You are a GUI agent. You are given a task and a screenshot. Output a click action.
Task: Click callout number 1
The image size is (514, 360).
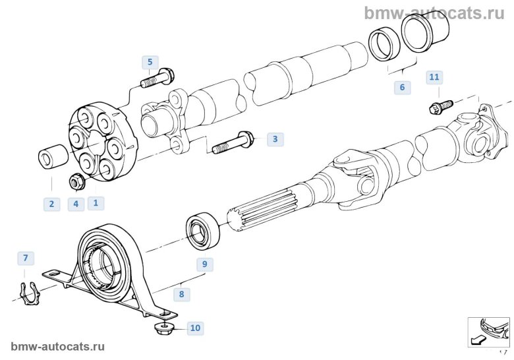(x=95, y=203)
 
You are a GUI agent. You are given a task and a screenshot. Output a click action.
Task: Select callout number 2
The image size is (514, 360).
(x=51, y=204)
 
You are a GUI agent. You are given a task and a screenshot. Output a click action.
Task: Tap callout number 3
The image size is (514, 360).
(x=275, y=139)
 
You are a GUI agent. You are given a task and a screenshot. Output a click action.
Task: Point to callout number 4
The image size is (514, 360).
(x=75, y=204)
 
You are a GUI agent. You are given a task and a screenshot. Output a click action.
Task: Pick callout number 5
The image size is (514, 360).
(x=150, y=63)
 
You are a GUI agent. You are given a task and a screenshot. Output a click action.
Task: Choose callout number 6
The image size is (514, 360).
(x=401, y=87)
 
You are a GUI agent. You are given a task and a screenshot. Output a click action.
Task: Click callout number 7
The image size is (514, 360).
(x=25, y=257)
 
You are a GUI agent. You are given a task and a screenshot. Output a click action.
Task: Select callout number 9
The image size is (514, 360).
(x=204, y=264)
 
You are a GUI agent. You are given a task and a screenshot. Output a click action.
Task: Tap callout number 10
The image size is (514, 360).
(x=195, y=327)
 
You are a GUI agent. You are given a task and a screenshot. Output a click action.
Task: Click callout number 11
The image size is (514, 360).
(x=434, y=78)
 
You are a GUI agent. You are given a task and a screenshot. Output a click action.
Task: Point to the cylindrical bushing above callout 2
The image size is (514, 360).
(x=52, y=159)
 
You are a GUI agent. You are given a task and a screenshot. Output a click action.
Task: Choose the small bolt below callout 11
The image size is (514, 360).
(x=438, y=105)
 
